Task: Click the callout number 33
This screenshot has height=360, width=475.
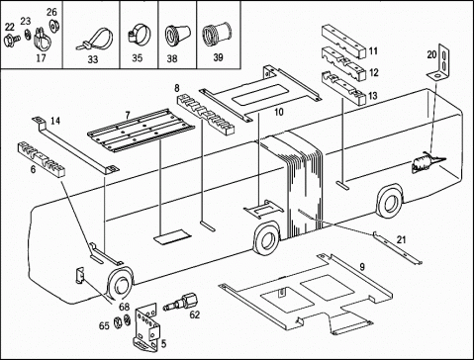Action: [93, 59]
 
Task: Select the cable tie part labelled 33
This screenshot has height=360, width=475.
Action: [95, 39]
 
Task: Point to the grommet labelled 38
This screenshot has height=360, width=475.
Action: [177, 34]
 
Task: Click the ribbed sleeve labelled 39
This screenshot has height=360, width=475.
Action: [217, 34]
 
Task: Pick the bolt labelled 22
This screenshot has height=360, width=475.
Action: [12, 40]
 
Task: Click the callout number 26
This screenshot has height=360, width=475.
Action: [51, 12]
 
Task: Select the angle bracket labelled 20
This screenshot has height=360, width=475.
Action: [440, 62]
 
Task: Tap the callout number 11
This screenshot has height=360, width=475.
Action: [373, 51]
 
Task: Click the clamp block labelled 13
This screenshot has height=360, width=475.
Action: [343, 87]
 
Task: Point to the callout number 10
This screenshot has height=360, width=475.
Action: [279, 112]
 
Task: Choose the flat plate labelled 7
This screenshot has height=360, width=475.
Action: [142, 131]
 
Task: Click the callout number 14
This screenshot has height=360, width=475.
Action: [55, 121]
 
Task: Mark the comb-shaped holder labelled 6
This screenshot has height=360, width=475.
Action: [41, 158]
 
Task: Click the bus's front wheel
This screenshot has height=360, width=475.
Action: [121, 283]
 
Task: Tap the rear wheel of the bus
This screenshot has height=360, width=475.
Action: [391, 201]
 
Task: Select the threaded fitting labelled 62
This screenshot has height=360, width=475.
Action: [181, 302]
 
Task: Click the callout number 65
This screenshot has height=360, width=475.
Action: [104, 325]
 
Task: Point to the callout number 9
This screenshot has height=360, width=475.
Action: [362, 267]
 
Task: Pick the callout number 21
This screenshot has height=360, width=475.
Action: [401, 239]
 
